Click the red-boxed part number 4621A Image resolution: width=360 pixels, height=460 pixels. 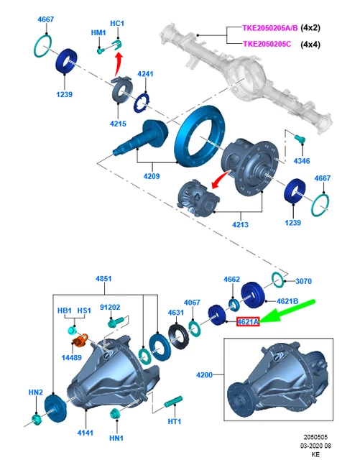click(248, 322)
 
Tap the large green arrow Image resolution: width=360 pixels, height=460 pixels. click(287, 311)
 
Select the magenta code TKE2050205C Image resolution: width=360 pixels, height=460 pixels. click(267, 44)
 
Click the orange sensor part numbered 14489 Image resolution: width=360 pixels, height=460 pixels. click(80, 340)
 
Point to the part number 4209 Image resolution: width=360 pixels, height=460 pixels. click(152, 176)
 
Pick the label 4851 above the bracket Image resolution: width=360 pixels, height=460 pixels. click(103, 278)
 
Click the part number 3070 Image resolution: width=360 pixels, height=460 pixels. click(303, 281)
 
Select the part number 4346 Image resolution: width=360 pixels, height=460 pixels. click(302, 161)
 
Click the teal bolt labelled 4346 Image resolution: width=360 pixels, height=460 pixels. click(300, 139)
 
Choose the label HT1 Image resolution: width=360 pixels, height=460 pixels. click(175, 421)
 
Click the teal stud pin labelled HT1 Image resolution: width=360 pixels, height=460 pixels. click(173, 401)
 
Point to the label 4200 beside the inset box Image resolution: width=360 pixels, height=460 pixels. click(204, 374)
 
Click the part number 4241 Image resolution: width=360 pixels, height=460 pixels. click(146, 73)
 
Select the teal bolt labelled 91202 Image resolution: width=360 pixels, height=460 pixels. click(115, 323)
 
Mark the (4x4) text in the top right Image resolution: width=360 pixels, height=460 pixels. click(310, 45)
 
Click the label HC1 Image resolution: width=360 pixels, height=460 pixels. click(117, 23)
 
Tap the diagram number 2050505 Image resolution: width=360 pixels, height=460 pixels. click(315, 438)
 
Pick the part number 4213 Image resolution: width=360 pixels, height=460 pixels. click(240, 224)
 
